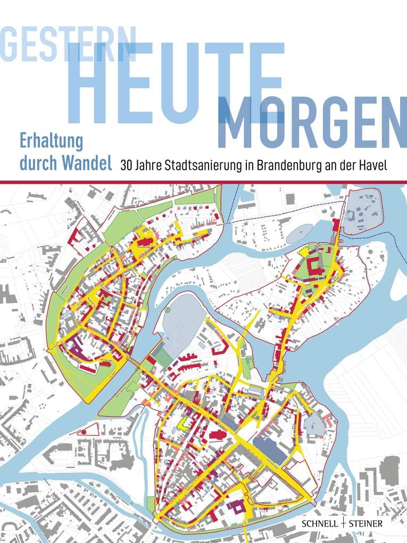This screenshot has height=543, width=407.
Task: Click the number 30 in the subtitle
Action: tap(127, 165)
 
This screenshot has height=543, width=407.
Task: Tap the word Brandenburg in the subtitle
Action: tap(285, 165)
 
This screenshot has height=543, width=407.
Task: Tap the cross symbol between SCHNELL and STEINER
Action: tap(346, 524)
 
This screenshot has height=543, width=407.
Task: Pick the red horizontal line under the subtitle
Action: tap(203, 182)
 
